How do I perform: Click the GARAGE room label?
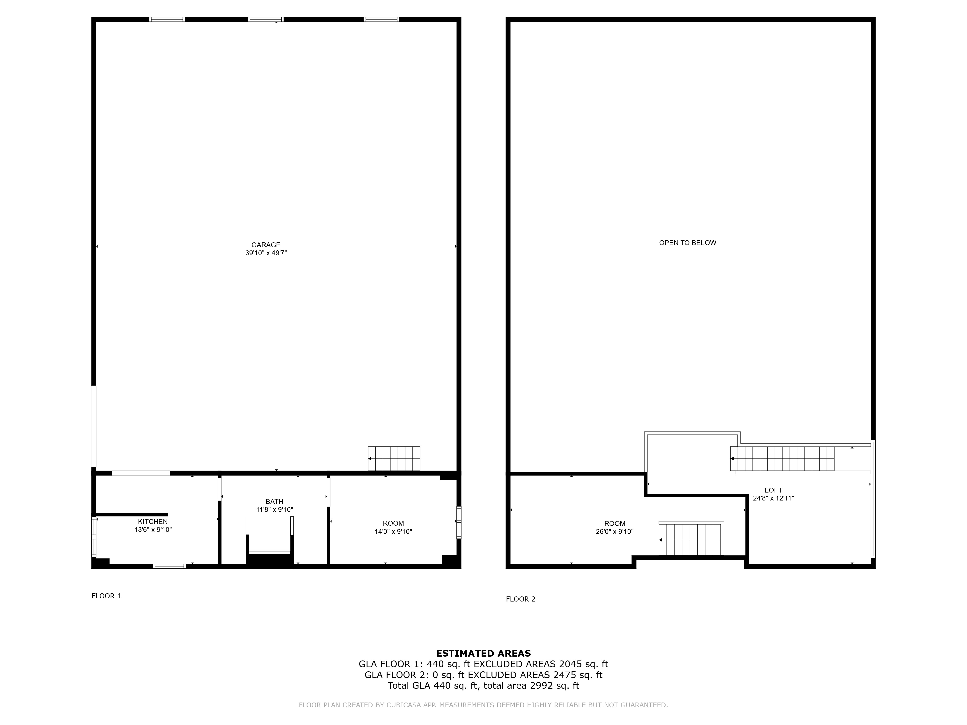(266, 245)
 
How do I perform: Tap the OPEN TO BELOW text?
(688, 243)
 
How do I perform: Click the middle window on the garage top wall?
(266, 19)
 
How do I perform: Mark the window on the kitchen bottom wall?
(169, 566)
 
